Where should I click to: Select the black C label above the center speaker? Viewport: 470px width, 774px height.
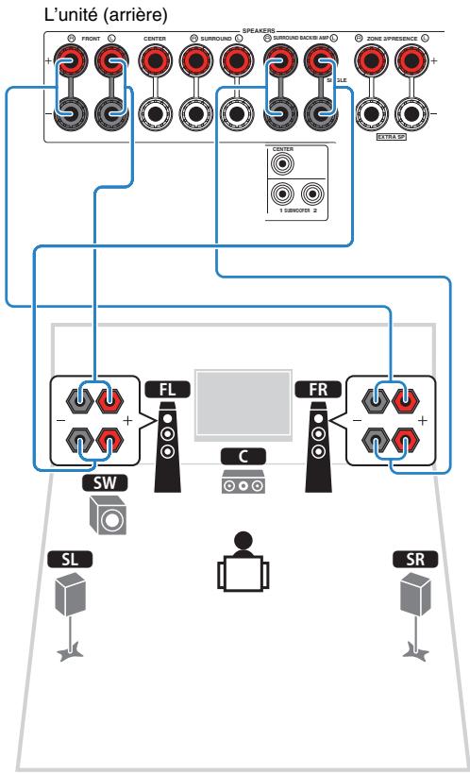click(x=238, y=456)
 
